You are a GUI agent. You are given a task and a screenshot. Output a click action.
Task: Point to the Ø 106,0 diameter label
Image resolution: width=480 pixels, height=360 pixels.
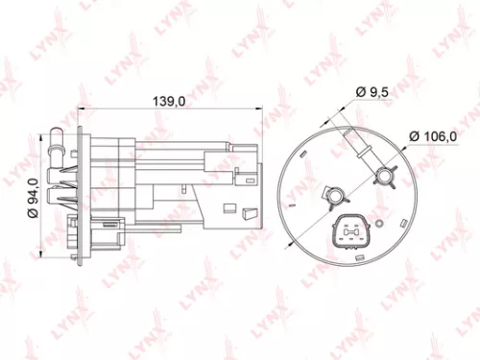point(431,136)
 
